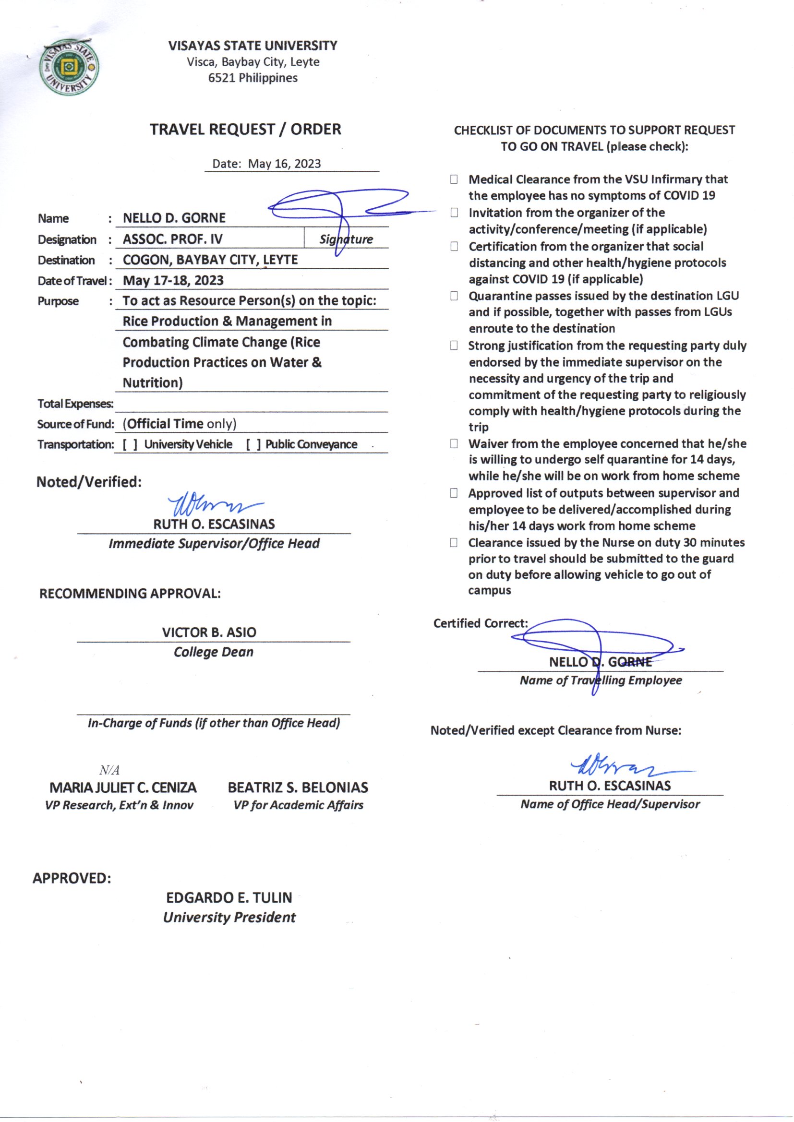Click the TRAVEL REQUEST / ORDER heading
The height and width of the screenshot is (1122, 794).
(x=245, y=130)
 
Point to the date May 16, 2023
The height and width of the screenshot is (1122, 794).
(x=284, y=164)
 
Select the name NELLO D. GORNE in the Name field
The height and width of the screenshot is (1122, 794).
(x=174, y=218)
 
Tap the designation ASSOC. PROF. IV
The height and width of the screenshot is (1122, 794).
(x=172, y=239)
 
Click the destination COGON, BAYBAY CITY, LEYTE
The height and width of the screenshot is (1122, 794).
(x=210, y=260)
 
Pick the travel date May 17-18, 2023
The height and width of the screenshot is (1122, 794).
(x=173, y=280)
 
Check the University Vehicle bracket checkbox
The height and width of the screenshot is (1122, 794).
(x=130, y=445)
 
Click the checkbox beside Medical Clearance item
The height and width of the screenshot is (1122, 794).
(x=454, y=180)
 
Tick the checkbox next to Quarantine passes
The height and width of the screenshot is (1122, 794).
(x=454, y=296)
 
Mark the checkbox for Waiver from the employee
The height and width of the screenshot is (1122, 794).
(x=454, y=444)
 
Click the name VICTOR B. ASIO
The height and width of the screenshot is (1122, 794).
(x=209, y=633)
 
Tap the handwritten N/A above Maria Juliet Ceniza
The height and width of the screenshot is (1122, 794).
(x=109, y=771)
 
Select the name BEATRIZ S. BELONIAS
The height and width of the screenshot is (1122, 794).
(x=298, y=788)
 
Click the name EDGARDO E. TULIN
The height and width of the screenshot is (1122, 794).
(x=229, y=898)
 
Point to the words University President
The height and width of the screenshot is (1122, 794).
(x=229, y=917)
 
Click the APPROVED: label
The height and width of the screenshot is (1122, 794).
(x=72, y=878)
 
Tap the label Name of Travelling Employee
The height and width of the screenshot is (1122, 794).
(x=601, y=680)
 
